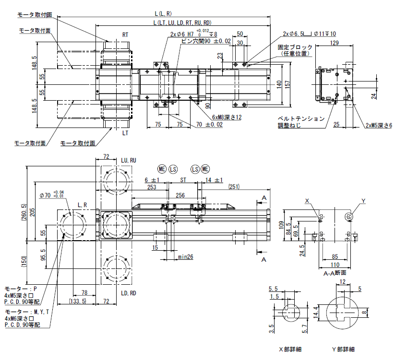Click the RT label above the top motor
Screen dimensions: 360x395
(125, 35)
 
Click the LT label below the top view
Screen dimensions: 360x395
(125, 132)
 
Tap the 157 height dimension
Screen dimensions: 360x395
(287, 83)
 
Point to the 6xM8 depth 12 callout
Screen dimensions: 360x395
(226, 117)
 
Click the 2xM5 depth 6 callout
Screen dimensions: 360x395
(378, 125)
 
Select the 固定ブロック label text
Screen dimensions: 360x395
(295, 47)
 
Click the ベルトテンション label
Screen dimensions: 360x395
(301, 118)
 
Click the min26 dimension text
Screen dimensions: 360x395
(185, 257)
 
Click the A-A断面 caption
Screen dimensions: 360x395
(335, 273)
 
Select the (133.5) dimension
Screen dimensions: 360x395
(78, 301)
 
